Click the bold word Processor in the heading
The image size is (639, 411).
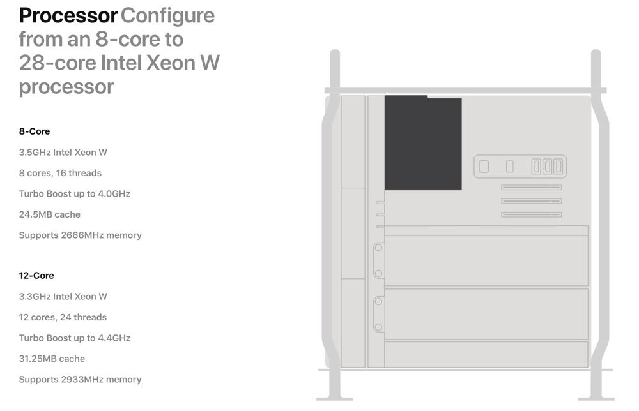68,16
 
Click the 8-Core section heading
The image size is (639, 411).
35,131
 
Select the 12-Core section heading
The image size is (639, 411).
36,276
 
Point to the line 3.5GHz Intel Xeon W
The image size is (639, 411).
63,152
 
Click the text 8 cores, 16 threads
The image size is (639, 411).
60,173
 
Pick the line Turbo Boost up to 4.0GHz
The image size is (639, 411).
75,194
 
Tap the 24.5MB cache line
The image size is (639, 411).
49,214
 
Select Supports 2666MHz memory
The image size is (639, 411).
81,235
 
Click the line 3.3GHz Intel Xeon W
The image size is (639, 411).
63,297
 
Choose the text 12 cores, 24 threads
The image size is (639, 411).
63,317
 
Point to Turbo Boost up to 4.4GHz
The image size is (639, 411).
75,338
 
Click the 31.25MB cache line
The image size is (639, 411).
52,359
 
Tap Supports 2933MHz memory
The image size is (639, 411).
81,379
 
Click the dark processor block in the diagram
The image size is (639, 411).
423,143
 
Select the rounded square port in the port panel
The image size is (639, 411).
484,167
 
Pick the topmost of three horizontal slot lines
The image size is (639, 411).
532,188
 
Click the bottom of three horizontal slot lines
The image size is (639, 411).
532,214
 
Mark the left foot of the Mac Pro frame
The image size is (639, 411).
335,399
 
